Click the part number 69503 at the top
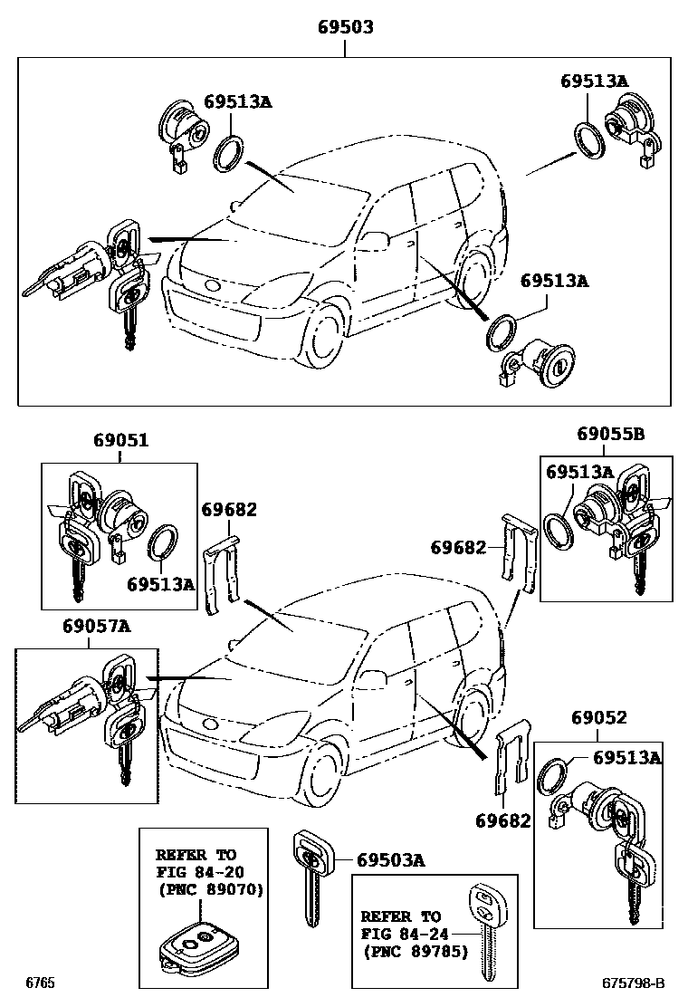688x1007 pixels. click(x=345, y=28)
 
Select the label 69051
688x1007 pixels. click(x=120, y=441)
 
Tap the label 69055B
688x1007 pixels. click(x=610, y=434)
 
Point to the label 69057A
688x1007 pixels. click(x=96, y=625)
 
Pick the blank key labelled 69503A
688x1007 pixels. click(x=310, y=874)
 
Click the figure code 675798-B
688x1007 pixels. click(x=634, y=983)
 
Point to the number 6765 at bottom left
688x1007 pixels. click(x=40, y=983)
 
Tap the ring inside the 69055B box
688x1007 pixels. click(x=559, y=530)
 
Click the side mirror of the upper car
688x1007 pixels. click(x=374, y=240)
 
